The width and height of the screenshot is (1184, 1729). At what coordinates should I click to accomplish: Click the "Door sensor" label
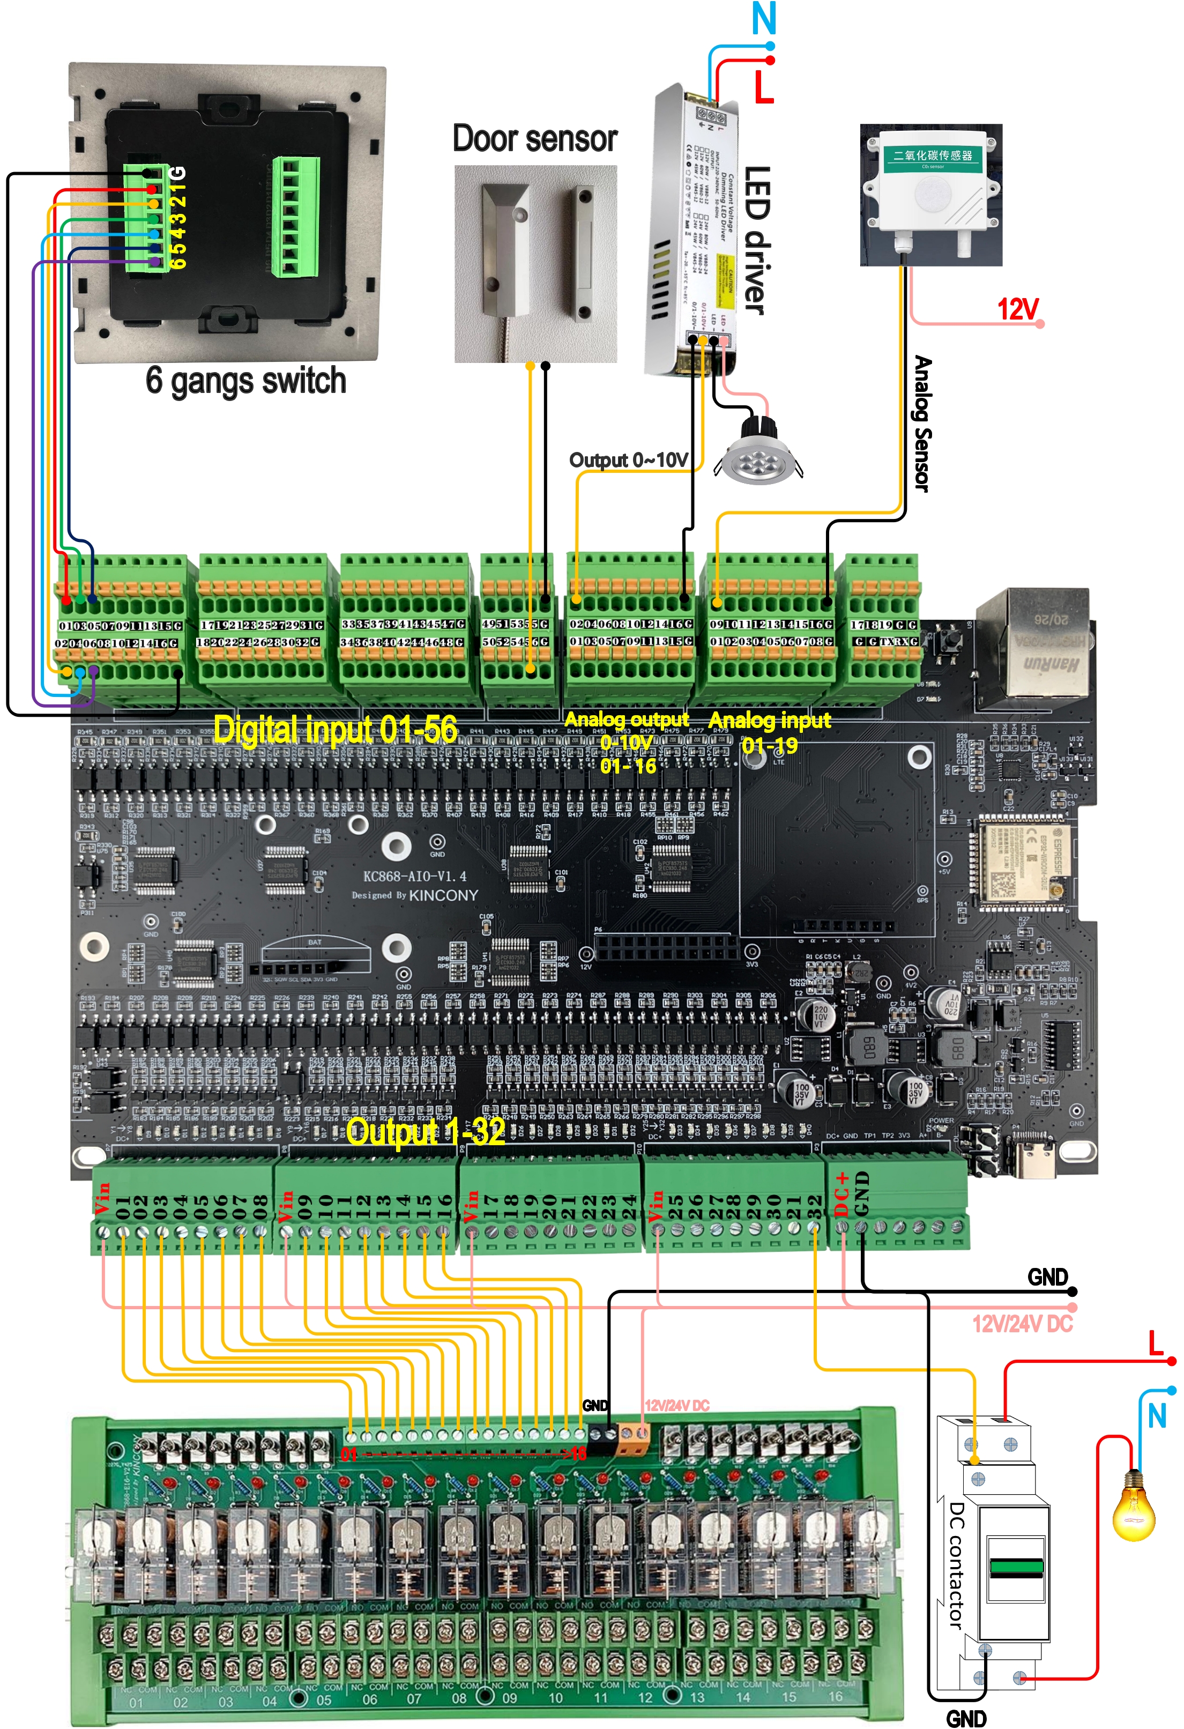535,139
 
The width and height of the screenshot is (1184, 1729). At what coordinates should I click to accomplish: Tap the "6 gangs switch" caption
245,381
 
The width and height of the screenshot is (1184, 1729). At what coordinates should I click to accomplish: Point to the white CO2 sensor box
931,190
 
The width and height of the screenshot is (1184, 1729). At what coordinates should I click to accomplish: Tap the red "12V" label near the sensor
1017,308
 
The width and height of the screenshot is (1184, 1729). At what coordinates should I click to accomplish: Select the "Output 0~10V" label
628,460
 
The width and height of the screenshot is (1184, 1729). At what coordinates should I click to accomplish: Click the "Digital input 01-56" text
336,729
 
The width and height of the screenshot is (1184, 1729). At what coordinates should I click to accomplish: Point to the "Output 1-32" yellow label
426,1132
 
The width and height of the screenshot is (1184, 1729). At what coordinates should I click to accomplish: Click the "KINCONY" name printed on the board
443,895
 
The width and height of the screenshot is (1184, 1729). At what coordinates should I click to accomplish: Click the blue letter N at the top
764,19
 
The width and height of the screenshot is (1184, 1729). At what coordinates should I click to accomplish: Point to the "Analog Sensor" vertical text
922,424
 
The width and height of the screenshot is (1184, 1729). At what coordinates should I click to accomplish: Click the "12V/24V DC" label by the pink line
1022,1324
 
